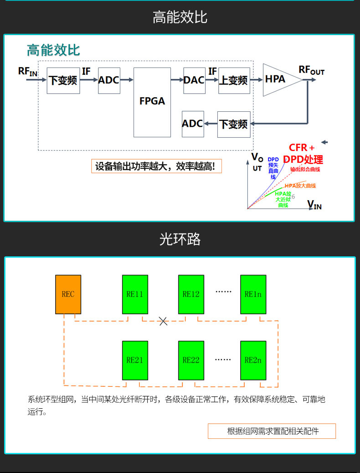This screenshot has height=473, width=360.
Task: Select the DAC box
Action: point(194,80)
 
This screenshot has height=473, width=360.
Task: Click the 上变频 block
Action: point(234,80)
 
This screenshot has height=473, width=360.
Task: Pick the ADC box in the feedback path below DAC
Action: point(193,124)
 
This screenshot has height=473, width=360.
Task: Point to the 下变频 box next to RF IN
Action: point(63,80)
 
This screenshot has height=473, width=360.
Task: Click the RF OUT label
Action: point(311,71)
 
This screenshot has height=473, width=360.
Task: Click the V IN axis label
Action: point(314,204)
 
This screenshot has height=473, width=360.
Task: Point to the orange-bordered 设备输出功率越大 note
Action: point(156,166)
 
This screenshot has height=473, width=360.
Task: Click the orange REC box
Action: point(68,294)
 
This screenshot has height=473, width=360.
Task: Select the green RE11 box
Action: point(135,294)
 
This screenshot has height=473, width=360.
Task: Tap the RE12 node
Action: point(191,294)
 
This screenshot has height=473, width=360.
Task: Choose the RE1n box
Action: point(253,294)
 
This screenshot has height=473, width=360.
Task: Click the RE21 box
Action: point(135,360)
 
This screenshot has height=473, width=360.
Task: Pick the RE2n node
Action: point(253,360)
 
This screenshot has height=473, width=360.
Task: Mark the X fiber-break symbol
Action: point(163,321)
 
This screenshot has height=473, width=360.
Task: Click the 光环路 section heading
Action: point(180,239)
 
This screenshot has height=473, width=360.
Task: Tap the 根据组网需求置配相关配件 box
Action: point(272,431)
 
